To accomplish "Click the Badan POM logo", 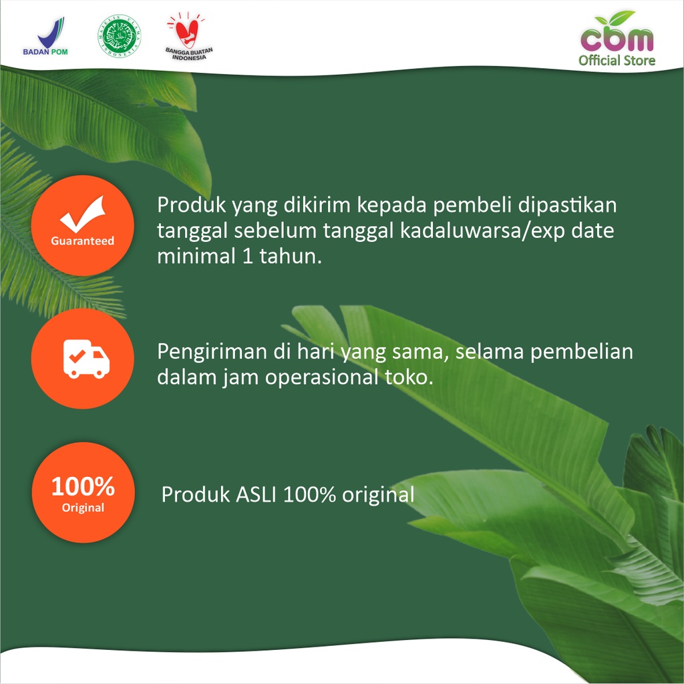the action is [45, 36].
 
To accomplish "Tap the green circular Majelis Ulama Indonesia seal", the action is [120, 36].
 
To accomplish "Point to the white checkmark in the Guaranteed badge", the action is [83, 214].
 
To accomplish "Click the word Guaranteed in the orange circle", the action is [82, 240].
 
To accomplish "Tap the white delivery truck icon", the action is [86, 359].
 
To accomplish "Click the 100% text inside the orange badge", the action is [83, 486].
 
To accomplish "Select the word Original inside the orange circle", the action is [83, 508].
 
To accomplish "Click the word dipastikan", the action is [567, 206].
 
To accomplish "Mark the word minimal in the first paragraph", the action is [196, 256].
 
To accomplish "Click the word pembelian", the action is [582, 351].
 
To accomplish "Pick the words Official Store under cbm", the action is [617, 60].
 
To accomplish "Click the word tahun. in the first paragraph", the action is [291, 256].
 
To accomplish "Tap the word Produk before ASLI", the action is [196, 494].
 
